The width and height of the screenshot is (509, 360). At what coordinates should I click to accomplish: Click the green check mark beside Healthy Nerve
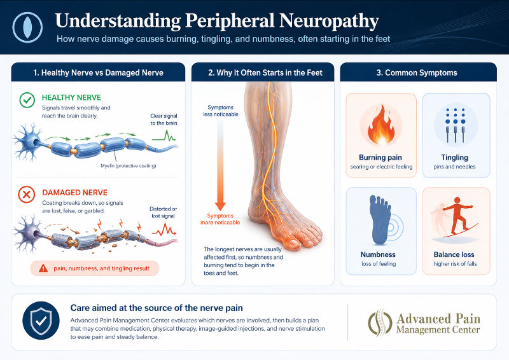27,100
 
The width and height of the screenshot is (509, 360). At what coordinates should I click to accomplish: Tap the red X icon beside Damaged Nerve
26,195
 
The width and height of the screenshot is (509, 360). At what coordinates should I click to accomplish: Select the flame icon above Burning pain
381,125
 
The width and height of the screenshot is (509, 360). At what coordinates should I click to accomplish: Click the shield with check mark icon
41,321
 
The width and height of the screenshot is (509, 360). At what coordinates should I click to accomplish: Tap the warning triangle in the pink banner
43,268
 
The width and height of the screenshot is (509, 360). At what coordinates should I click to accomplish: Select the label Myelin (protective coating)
129,166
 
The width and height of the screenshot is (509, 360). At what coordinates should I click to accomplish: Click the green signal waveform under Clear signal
164,135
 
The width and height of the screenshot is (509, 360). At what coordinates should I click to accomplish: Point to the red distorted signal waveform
164,230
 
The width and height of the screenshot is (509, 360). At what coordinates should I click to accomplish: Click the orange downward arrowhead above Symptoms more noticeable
220,206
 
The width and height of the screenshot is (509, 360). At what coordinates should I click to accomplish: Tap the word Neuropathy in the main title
329,21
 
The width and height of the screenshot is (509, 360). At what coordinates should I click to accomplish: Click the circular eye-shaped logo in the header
27,27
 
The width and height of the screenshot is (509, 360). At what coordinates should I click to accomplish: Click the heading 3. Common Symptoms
417,73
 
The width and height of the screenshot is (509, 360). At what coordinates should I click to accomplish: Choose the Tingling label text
454,158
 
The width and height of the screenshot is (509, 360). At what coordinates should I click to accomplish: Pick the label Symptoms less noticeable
221,111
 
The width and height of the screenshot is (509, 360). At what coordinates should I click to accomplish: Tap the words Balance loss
454,254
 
